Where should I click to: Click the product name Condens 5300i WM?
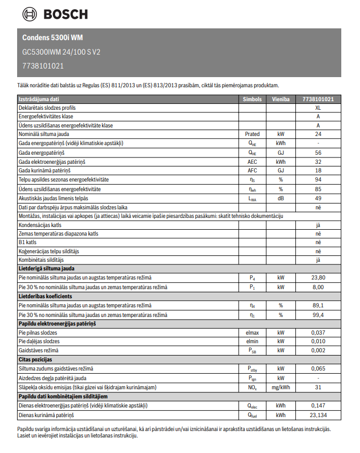[x=52, y=37]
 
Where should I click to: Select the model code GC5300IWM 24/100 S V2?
[x=61, y=52]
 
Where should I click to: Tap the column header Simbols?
[x=252, y=99]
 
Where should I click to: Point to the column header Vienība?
[x=280, y=99]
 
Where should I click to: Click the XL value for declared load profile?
[x=318, y=108]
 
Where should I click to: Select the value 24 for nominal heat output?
[x=318, y=134]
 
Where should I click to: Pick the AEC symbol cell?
[x=252, y=162]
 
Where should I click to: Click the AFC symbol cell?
[x=252, y=170]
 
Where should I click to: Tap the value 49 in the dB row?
[x=318, y=198]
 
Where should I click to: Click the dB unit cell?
[x=280, y=198]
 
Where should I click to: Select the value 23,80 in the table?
[x=318, y=277]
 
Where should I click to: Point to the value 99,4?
[x=318, y=314]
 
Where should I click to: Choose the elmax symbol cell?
[x=252, y=333]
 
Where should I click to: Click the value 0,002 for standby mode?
[x=318, y=350]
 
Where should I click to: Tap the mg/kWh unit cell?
[x=280, y=387]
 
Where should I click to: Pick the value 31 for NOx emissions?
[x=318, y=387]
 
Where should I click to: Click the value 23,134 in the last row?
[x=318, y=415]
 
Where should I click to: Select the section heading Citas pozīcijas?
[x=35, y=359]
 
